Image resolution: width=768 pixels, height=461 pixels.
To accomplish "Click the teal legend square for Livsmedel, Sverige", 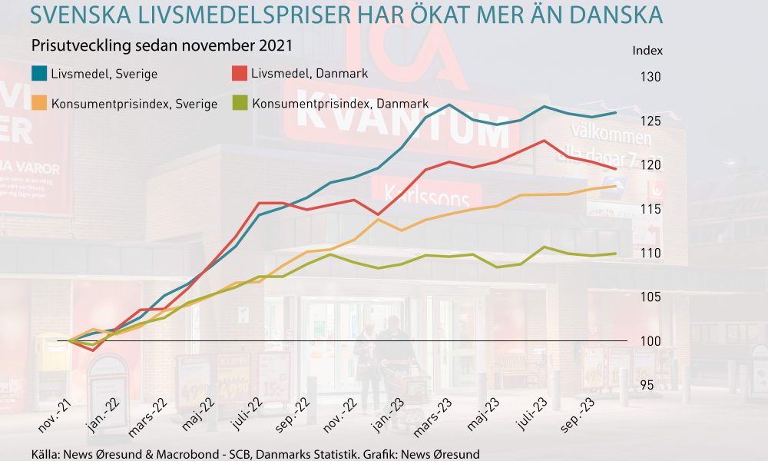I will (x=38, y=74).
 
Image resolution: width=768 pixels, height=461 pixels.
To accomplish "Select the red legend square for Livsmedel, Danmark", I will (x=238, y=74).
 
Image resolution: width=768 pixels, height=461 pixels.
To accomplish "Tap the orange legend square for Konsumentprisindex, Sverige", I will (x=38, y=103).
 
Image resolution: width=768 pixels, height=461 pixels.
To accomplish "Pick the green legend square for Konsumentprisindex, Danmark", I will (x=238, y=103).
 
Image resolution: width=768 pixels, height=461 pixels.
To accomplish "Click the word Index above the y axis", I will (x=647, y=51).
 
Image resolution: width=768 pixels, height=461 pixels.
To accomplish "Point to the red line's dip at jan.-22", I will (x=93, y=350).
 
